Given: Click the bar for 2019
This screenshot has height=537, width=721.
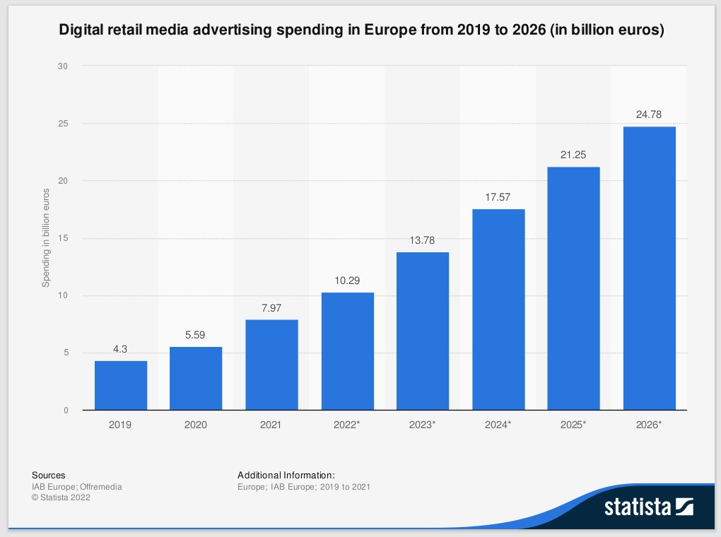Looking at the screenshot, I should pyautogui.click(x=121, y=385).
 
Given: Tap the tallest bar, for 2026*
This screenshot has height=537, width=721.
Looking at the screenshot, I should pyautogui.click(x=649, y=268).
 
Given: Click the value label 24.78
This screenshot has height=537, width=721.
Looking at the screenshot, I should pyautogui.click(x=649, y=114).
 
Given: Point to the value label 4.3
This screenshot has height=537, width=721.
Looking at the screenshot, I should pyautogui.click(x=121, y=348).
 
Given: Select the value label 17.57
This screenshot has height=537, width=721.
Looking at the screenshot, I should pyautogui.click(x=498, y=197).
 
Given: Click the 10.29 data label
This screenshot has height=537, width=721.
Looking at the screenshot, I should pyautogui.click(x=347, y=281).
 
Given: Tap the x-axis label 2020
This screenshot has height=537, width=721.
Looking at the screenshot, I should pyautogui.click(x=196, y=425).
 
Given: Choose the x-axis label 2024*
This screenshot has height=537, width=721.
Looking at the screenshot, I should pyautogui.click(x=499, y=425).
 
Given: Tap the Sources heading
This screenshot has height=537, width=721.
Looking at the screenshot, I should pyautogui.click(x=49, y=475).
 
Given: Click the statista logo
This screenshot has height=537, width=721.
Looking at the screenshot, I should pyautogui.click(x=648, y=507).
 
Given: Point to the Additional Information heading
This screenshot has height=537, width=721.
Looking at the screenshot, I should pyautogui.click(x=286, y=475).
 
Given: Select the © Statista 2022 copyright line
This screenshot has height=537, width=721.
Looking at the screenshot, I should pyautogui.click(x=61, y=497).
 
